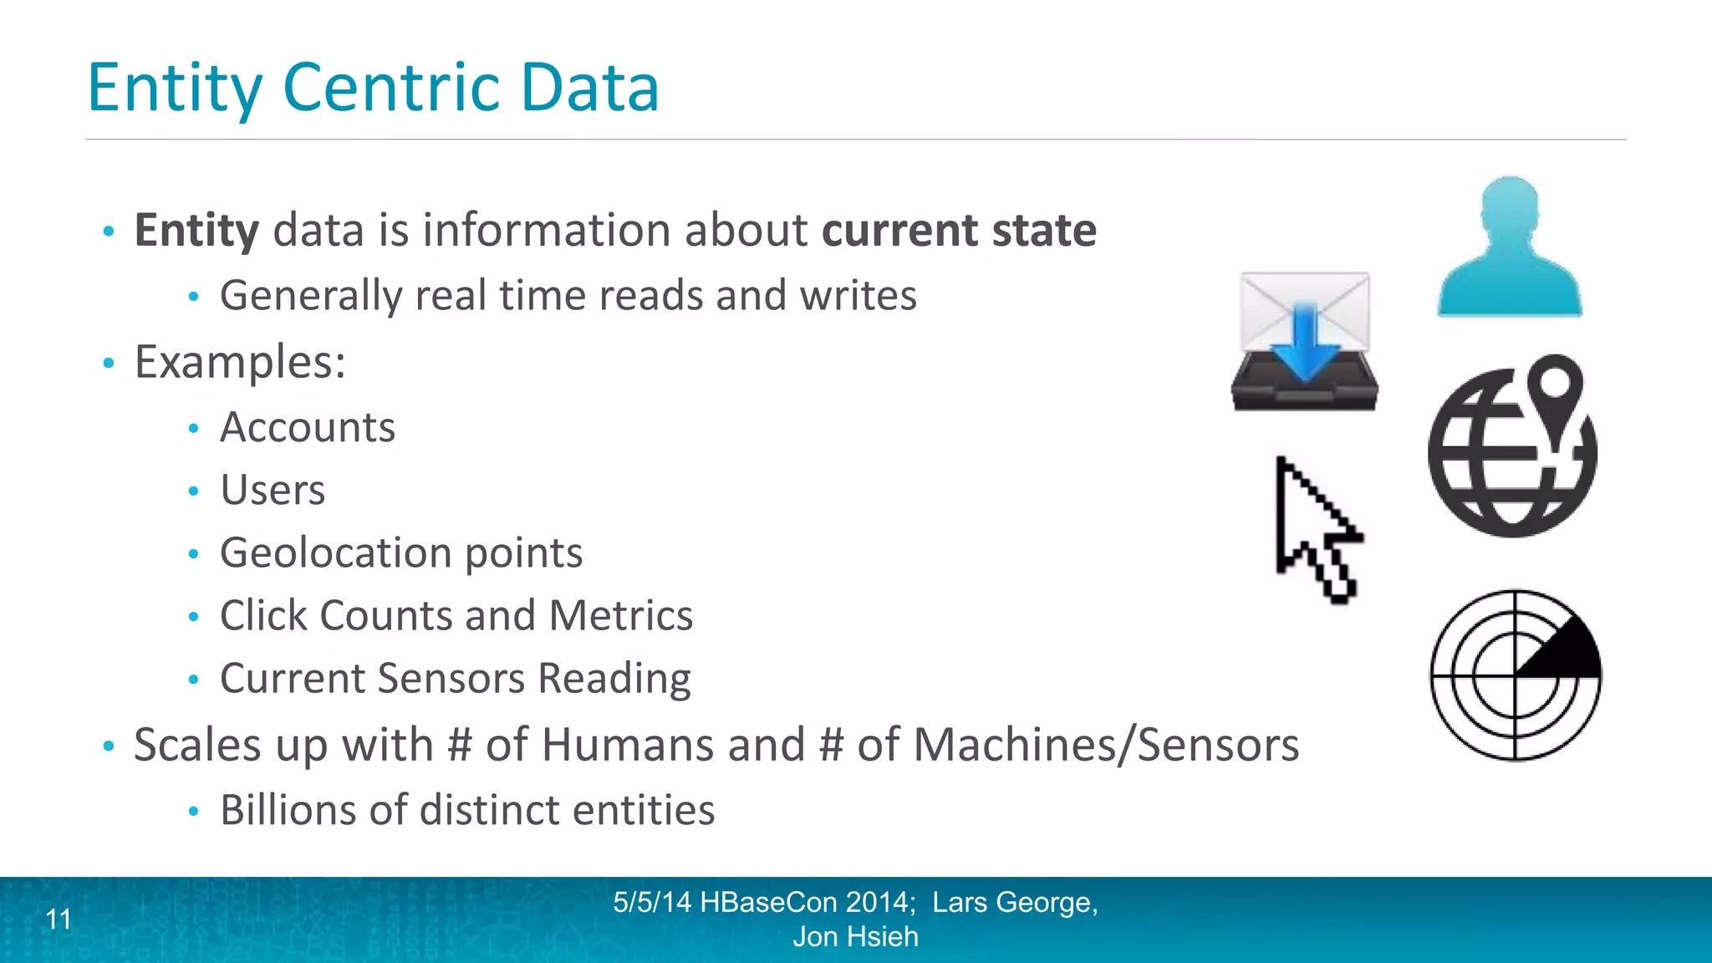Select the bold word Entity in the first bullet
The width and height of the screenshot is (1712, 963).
point(196,231)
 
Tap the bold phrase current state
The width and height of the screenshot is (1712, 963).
point(959,231)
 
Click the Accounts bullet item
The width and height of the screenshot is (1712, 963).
point(307,428)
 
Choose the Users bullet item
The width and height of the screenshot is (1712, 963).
point(273,491)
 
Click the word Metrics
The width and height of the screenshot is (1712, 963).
point(621,616)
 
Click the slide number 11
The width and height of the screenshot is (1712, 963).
point(59,920)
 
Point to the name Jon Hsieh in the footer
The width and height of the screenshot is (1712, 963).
point(855,937)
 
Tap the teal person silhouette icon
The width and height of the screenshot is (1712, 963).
point(1510,251)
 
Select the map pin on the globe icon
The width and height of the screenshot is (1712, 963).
point(1555,390)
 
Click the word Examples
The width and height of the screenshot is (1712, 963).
point(240,363)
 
